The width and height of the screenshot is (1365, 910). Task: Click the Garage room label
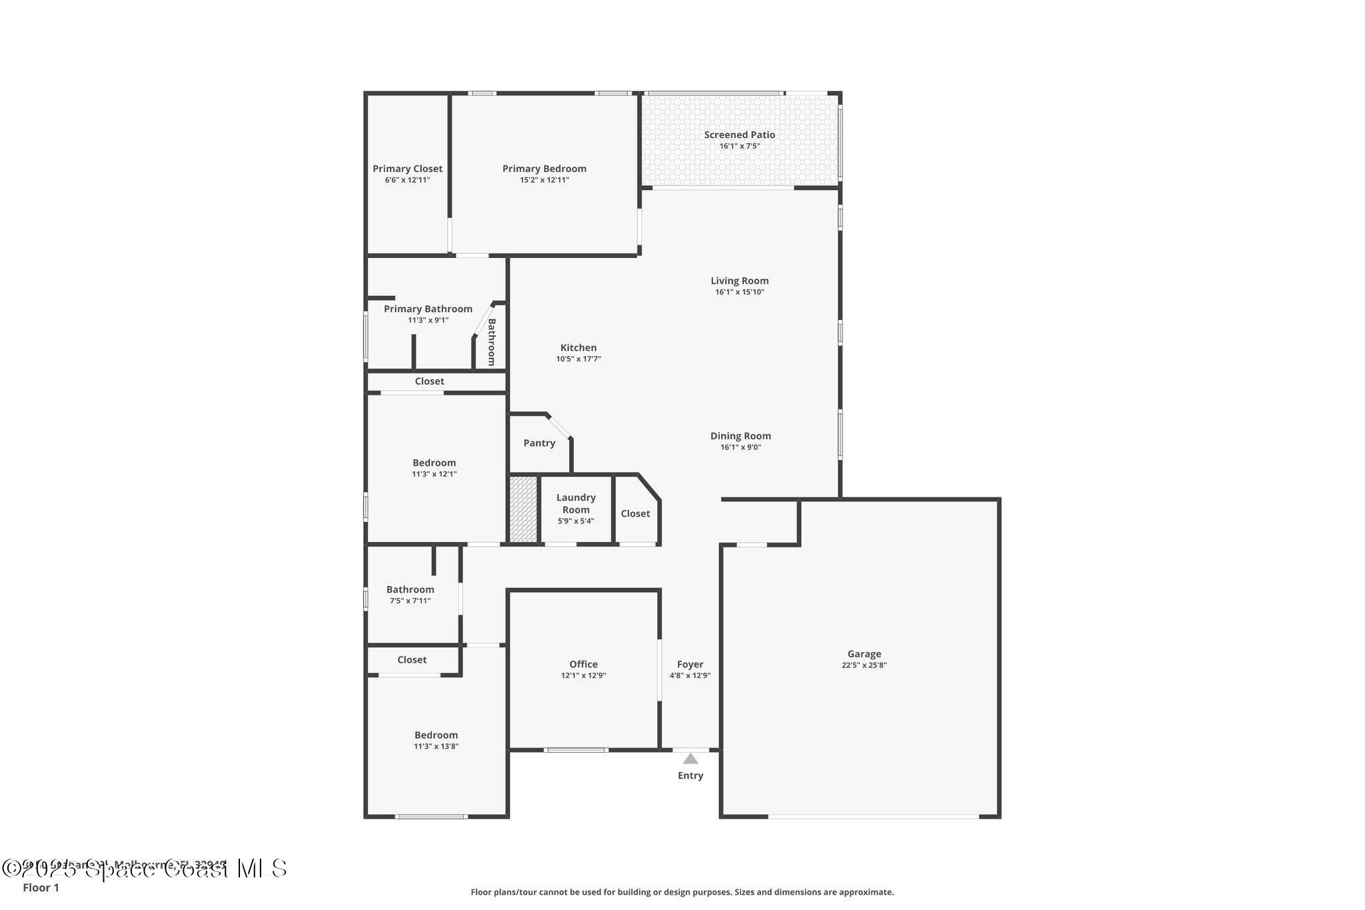click(x=864, y=654)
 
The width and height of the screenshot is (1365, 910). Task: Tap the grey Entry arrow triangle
click(x=690, y=759)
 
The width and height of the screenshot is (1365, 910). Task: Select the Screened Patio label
click(x=739, y=135)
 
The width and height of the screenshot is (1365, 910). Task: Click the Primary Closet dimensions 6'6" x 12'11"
click(x=407, y=180)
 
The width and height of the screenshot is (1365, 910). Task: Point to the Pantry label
click(x=539, y=443)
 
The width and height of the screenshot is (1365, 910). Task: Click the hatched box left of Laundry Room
click(x=523, y=509)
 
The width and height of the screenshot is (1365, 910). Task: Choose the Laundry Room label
click(x=576, y=503)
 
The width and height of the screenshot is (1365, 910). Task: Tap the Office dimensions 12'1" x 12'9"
click(x=583, y=675)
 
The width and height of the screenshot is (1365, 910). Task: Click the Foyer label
click(x=690, y=664)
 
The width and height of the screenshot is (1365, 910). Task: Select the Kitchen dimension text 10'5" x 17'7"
click(x=579, y=359)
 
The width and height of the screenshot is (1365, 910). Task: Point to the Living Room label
click(x=739, y=281)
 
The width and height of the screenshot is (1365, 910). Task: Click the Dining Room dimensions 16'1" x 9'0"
click(x=740, y=447)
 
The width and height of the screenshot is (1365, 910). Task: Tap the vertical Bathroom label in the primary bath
click(x=492, y=342)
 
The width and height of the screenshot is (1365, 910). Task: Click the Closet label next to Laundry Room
click(x=635, y=513)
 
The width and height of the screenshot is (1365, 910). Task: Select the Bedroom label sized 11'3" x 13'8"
click(x=436, y=735)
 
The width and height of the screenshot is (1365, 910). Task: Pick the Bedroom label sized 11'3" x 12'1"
click(x=434, y=463)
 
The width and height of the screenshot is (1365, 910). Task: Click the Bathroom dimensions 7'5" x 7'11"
click(x=410, y=601)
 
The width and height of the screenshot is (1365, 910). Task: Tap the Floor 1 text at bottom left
click(x=41, y=887)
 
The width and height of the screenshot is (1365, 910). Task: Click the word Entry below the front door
click(x=690, y=775)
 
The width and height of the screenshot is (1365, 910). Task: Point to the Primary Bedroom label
click(x=544, y=169)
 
